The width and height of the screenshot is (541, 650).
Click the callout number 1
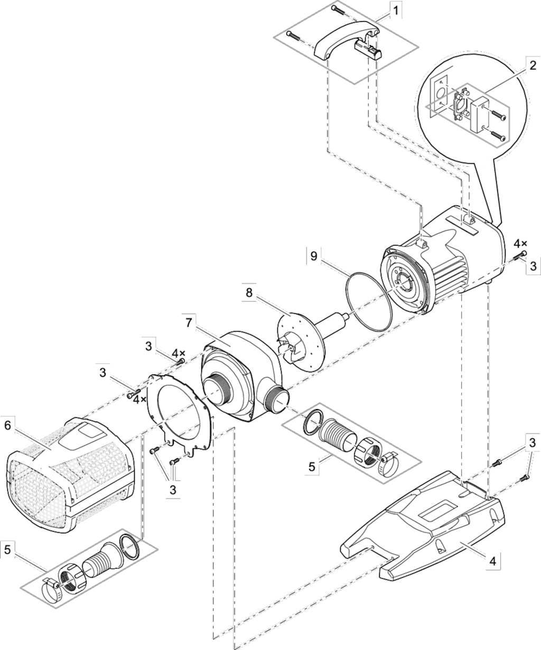pyautogui.click(x=395, y=11)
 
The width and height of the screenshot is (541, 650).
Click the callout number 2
pyautogui.click(x=533, y=66)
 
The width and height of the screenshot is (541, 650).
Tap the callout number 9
pyautogui.click(x=314, y=256)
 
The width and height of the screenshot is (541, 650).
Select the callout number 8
pyautogui.click(x=249, y=293)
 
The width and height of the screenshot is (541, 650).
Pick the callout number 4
pyautogui.click(x=492, y=570)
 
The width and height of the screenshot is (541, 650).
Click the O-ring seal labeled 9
pyautogui.click(x=369, y=301)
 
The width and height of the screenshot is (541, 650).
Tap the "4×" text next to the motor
pyautogui.click(x=521, y=244)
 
